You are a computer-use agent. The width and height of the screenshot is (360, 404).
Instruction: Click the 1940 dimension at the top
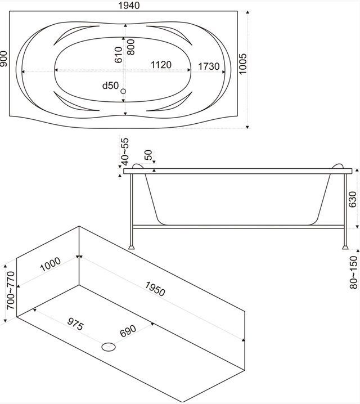(129, 5)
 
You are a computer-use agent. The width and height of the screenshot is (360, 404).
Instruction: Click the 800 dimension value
(131, 46)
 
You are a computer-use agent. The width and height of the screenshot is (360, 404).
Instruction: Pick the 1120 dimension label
(160, 65)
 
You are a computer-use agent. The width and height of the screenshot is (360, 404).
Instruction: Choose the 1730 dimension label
(208, 66)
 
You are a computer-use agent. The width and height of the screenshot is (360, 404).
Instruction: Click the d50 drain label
(110, 86)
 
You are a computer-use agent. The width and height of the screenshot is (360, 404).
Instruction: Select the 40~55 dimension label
(124, 152)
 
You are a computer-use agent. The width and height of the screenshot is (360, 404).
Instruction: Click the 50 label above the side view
(148, 154)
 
